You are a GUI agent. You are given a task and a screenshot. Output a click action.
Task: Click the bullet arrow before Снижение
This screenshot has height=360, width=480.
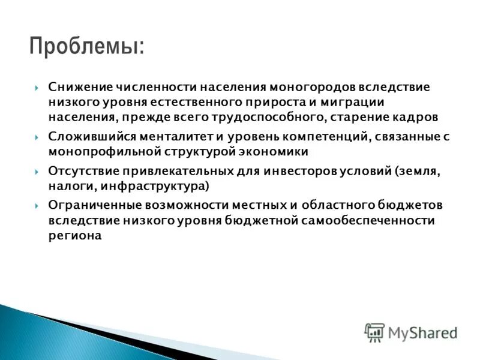(x=37, y=87)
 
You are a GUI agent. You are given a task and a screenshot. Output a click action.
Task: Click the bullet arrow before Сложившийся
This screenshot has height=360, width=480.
(x=37, y=137)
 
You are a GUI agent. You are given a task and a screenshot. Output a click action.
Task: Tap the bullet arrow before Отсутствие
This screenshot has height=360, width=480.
(x=37, y=171)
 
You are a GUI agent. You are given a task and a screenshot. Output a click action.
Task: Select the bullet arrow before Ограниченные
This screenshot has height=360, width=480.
(x=37, y=205)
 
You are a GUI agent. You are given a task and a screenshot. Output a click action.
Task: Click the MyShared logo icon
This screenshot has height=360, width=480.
(x=374, y=332)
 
